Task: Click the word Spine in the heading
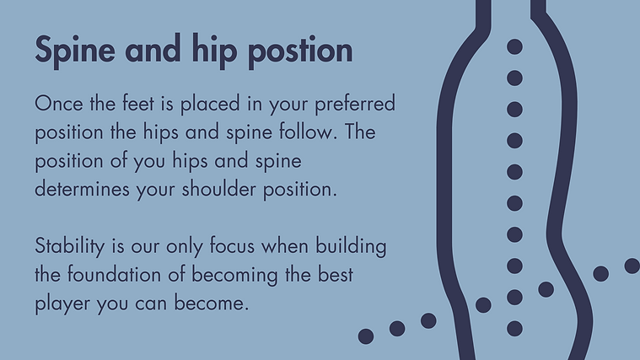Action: click(x=75, y=51)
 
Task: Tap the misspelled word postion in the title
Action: click(x=300, y=51)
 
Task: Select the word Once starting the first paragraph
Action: click(x=59, y=103)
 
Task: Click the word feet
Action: click(x=138, y=103)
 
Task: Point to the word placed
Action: click(x=210, y=104)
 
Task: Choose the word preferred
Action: click(x=355, y=104)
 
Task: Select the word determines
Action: click(x=82, y=189)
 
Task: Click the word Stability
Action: click(x=69, y=247)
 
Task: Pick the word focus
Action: click(x=232, y=245)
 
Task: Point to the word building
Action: click(x=351, y=247)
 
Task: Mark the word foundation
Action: click(x=114, y=274)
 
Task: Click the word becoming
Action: click(x=234, y=276)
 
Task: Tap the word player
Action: click(x=62, y=304)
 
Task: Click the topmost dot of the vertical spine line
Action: click(x=514, y=46)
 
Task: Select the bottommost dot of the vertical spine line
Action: click(x=514, y=328)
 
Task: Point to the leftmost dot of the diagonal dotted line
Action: click(x=366, y=336)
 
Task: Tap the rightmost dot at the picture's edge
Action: click(x=632, y=266)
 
